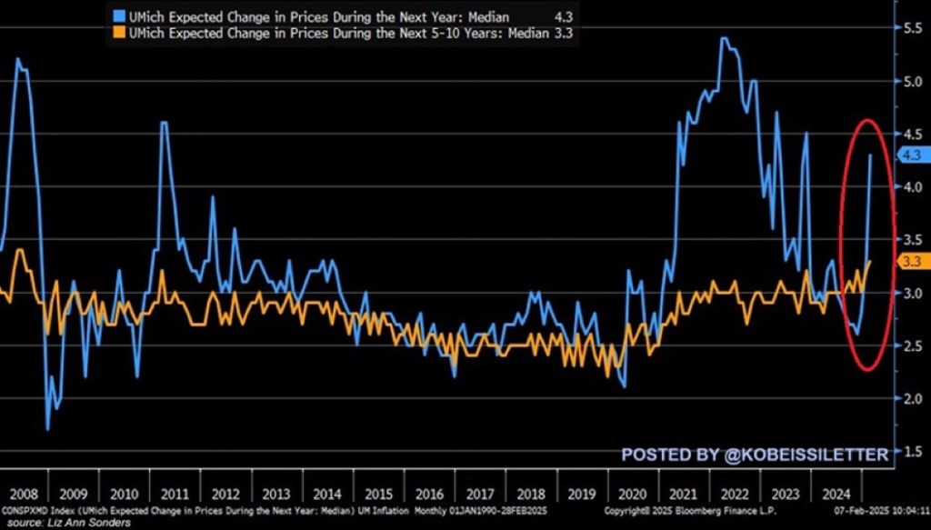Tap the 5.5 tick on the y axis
912,28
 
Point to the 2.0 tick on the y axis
912,398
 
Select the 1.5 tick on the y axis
912,452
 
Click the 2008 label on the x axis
24,495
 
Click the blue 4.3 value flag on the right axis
910,155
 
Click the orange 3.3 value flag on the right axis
910,262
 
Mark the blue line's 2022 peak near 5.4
722,38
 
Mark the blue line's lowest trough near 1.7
47,428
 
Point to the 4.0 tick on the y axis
912,186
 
